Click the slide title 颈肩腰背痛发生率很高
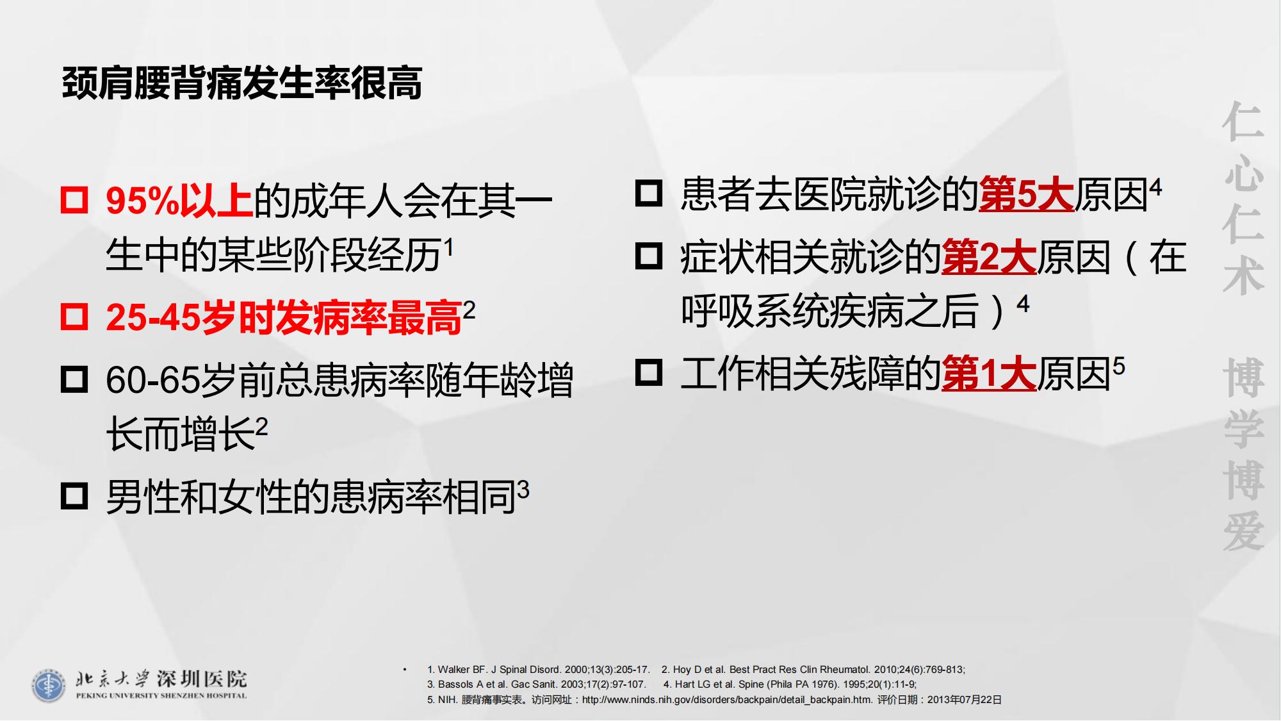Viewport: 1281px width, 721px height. [x=242, y=83]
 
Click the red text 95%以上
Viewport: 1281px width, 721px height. [x=179, y=201]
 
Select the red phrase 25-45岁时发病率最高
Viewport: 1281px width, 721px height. [x=284, y=318]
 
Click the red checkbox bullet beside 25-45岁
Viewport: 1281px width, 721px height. [x=74, y=316]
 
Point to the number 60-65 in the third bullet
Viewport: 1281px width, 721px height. [x=152, y=380]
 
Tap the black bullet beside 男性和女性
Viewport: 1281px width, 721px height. [x=74, y=496]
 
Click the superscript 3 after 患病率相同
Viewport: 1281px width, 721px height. [x=523, y=490]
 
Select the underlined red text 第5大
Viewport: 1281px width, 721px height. [x=1026, y=194]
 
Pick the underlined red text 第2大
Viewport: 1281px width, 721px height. [x=989, y=257]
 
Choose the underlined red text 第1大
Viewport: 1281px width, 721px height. [x=989, y=374]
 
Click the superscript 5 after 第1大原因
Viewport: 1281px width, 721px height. [x=1118, y=366]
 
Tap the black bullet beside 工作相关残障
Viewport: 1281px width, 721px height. [x=649, y=372]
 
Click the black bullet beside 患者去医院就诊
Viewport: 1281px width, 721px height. [x=649, y=192]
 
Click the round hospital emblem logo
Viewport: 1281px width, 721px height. [x=48, y=686]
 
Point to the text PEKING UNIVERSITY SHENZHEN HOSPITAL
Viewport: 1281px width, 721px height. [x=161, y=695]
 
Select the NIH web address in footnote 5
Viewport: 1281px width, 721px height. [x=727, y=700]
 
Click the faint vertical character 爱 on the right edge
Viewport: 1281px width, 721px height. [x=1244, y=531]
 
